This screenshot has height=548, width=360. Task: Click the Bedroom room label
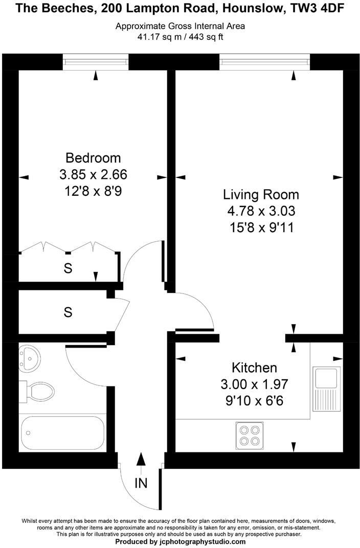pos(93,157)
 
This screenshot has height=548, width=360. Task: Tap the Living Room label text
pos(261,195)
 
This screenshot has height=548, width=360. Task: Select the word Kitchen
pos(254,368)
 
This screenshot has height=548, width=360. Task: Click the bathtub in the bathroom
pos(62,432)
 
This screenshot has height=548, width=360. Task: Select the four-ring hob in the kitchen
pos(249,435)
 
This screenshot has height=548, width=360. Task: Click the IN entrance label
pos(141,483)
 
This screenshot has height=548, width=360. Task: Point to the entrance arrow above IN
pos(141,462)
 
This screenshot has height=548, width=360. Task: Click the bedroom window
pos(96,62)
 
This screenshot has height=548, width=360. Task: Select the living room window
pos(265,62)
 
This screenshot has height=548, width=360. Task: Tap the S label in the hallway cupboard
pos(68,312)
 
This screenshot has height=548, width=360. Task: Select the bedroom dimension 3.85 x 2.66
pos(93,175)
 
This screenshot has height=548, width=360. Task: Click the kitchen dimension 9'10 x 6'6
pos(254,401)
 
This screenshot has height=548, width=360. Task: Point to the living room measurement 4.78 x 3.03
pos(261,211)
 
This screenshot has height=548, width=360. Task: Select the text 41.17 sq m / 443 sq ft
pos(180,36)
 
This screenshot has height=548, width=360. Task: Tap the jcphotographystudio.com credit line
pos(180,541)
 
